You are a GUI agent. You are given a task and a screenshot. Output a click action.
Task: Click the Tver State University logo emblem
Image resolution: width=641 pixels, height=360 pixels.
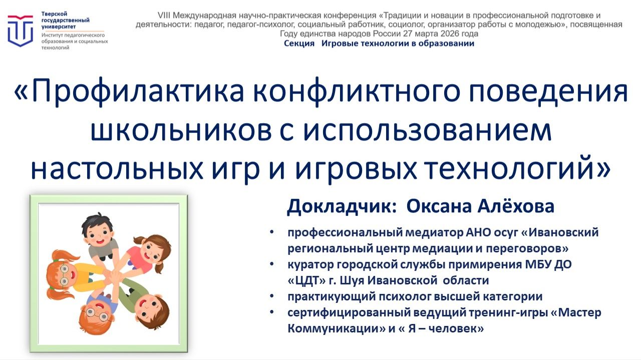pyautogui.click(x=21, y=30)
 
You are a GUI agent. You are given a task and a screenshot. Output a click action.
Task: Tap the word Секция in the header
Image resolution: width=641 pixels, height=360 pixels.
pyautogui.click(x=299, y=44)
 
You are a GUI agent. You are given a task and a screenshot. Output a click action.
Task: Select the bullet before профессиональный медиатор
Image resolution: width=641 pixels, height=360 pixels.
pyautogui.click(x=271, y=233)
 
